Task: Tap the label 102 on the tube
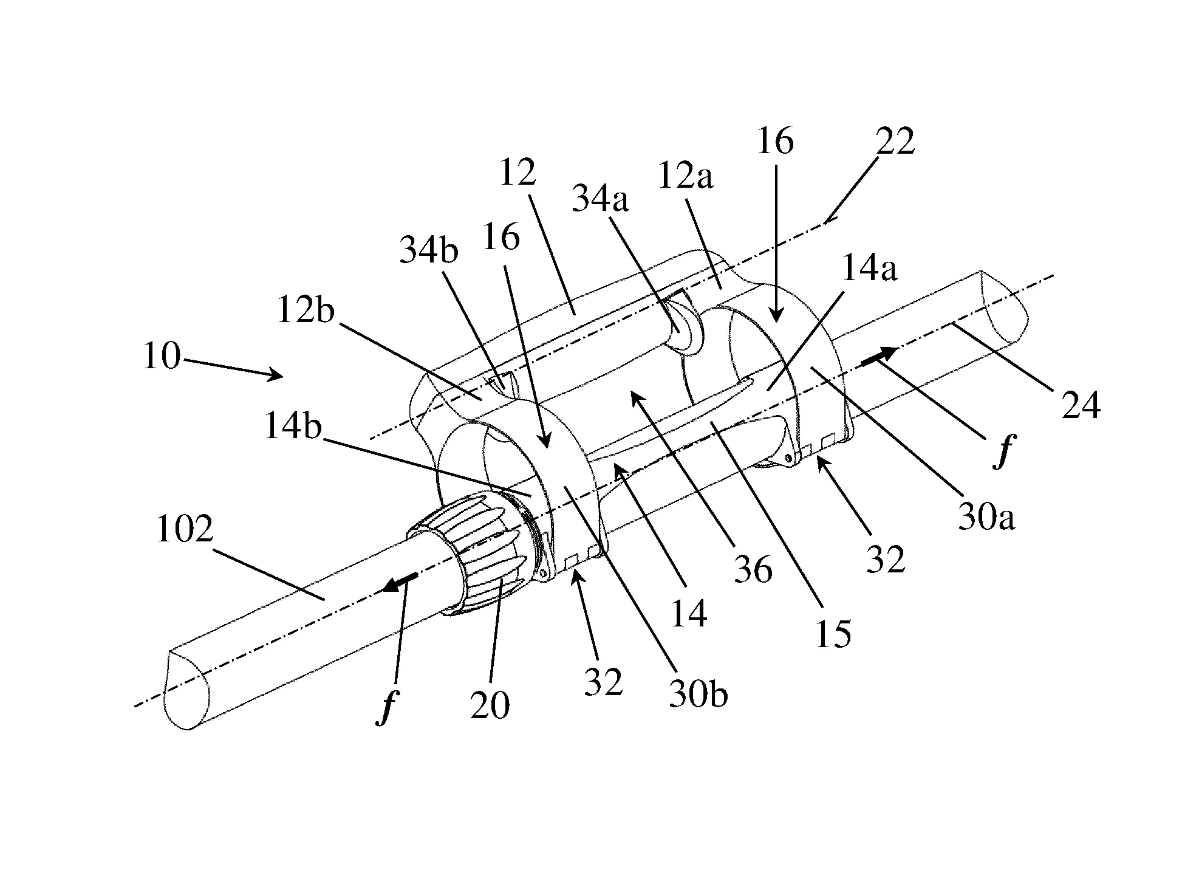[185, 529]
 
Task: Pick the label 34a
[600, 199]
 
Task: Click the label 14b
[292, 428]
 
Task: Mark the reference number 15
[833, 633]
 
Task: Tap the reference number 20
[490, 705]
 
